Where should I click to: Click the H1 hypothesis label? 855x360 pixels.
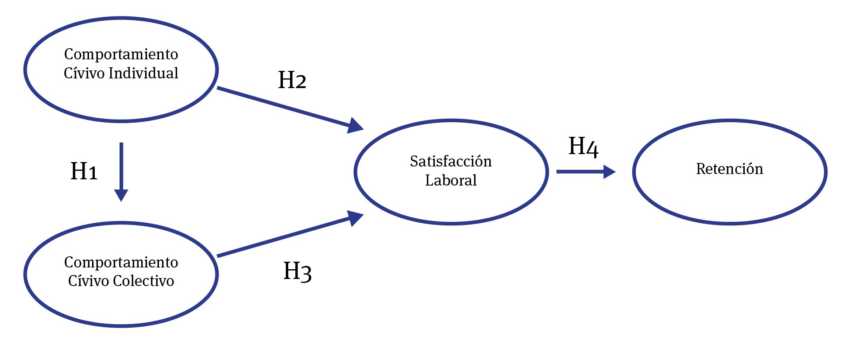pyautogui.click(x=84, y=171)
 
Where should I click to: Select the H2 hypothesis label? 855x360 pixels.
pyautogui.click(x=292, y=80)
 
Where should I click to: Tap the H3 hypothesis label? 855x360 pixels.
pyautogui.click(x=297, y=271)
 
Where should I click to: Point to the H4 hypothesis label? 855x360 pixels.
pyautogui.click(x=583, y=147)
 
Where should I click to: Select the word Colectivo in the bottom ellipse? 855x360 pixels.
pyautogui.click(x=143, y=281)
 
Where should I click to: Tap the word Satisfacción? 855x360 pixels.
pyautogui.click(x=451, y=161)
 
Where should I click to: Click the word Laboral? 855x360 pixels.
pyautogui.click(x=451, y=180)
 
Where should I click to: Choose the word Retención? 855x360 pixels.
pyautogui.click(x=729, y=169)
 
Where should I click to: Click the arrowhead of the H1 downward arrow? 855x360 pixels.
pyautogui.click(x=121, y=195)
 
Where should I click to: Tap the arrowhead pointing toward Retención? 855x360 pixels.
pyautogui.click(x=609, y=172)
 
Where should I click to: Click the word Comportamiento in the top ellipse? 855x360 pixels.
pyautogui.click(x=121, y=54)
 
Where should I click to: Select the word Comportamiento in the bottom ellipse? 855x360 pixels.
pyautogui.click(x=121, y=262)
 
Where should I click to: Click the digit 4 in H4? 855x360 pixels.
pyautogui.click(x=592, y=149)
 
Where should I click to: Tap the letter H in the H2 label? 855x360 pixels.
pyautogui.click(x=286, y=80)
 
